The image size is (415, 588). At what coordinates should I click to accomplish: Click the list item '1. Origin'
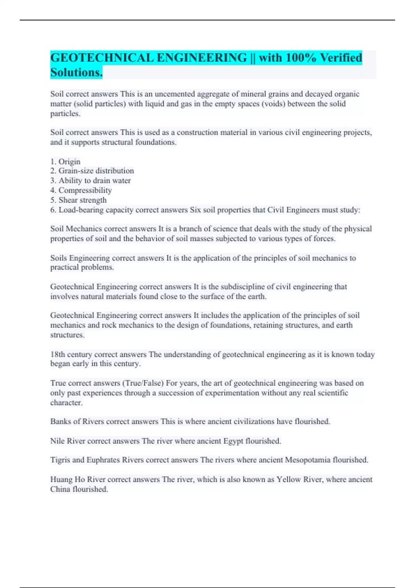point(65,162)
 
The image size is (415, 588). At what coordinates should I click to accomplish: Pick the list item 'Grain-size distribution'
point(96,171)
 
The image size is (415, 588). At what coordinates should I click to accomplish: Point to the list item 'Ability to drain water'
point(94,181)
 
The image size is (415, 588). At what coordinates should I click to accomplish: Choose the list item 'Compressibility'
point(85,190)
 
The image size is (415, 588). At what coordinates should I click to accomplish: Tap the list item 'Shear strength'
point(82,200)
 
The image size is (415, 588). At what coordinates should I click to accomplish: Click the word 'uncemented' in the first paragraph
point(175,94)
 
